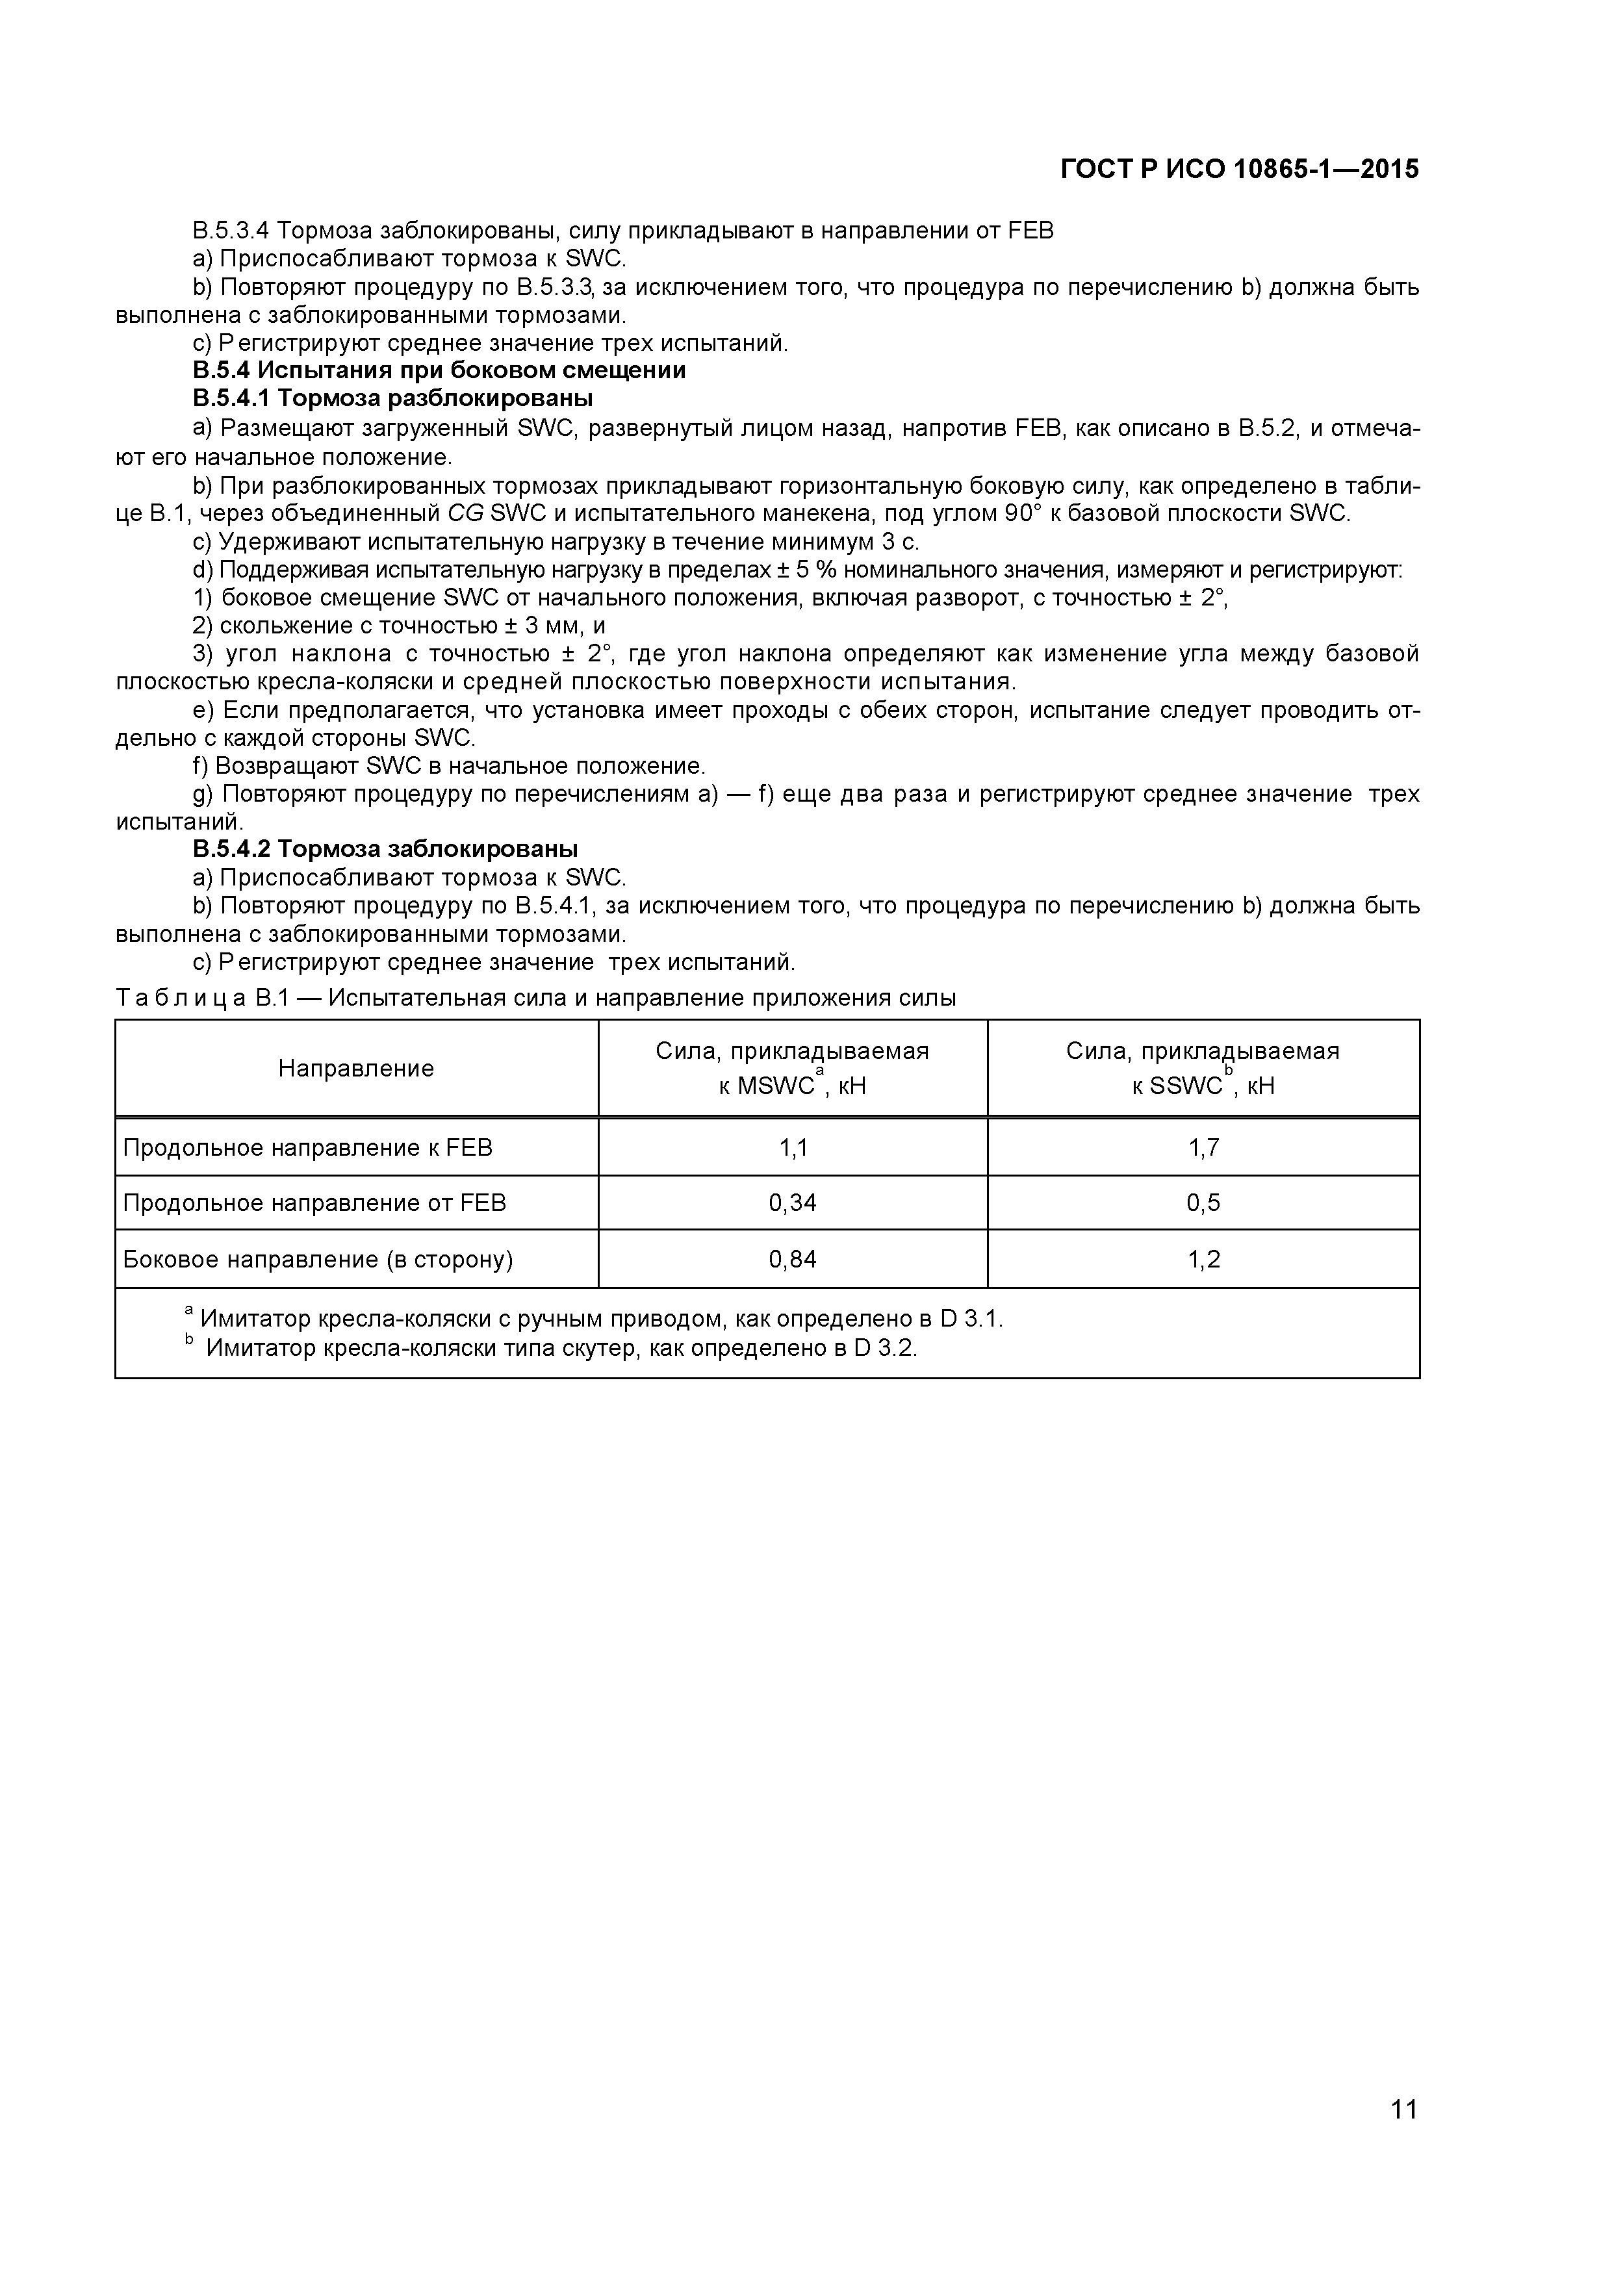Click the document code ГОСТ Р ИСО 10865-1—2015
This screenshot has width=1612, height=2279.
coord(1239,170)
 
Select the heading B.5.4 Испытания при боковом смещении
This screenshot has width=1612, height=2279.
coord(439,370)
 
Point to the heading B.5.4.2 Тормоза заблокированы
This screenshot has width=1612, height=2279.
coord(385,848)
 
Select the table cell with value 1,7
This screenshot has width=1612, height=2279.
coord(1203,1149)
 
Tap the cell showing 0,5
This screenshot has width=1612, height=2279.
coord(1203,1203)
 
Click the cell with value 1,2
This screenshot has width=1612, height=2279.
coord(1203,1260)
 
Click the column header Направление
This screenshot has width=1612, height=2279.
coord(355,1068)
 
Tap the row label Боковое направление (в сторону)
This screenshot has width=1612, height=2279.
coord(318,1260)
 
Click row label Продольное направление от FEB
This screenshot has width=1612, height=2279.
coord(314,1203)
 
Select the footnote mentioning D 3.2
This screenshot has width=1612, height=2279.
coord(561,1348)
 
